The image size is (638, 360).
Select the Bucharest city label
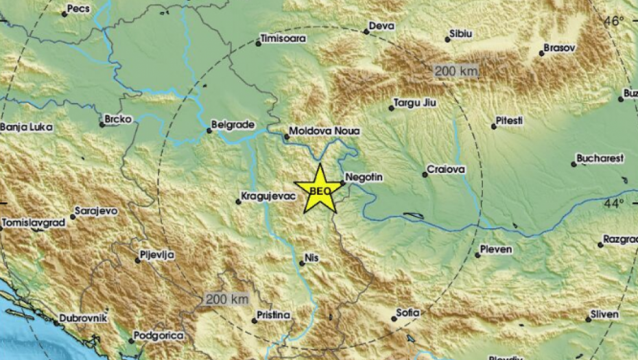pos(601,158)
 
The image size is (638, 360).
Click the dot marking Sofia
pos(392,317)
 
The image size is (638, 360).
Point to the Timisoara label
pos(283,39)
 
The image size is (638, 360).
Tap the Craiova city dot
pos(425,175)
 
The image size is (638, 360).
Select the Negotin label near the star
pos(364,177)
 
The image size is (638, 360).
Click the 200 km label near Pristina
pos(226,299)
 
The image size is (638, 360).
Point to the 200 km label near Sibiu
pos(456,71)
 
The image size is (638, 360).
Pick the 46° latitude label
pos(613,21)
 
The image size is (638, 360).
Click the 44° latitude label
pos(613,203)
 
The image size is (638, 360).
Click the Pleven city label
pos(497,250)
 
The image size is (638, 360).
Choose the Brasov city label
pos(559,49)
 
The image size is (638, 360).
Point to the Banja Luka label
pos(26,127)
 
